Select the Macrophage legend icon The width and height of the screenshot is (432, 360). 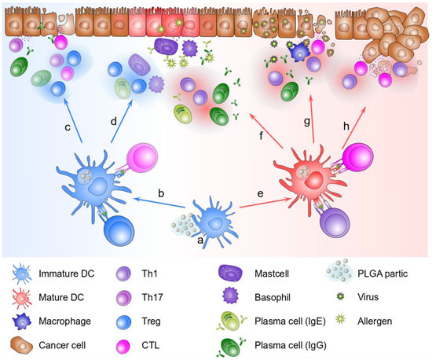(22, 321)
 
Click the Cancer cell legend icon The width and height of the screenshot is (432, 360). (22, 343)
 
